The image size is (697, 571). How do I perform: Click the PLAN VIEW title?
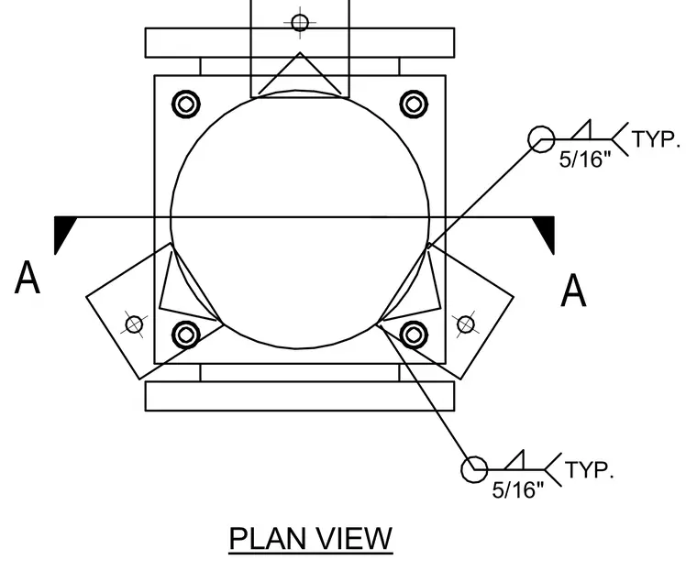pos(311,539)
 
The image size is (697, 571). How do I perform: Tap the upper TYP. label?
pos(656,139)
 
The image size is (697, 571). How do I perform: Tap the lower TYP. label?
pos(590,470)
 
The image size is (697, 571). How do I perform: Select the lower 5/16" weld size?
pos(518,489)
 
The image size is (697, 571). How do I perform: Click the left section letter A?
pos(28,278)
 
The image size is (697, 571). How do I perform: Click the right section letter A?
pos(573,291)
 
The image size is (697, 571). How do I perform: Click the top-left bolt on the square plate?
pos(186,104)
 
